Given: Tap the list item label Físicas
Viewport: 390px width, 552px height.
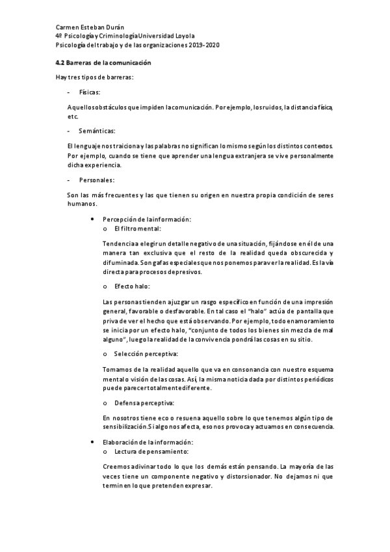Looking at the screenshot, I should click(x=89, y=93).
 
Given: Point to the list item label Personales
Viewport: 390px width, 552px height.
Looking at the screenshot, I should click(x=96, y=179).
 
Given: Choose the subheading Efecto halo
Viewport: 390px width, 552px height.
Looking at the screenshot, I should click(x=132, y=286).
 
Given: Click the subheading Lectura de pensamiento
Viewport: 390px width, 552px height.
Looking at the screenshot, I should click(x=151, y=451).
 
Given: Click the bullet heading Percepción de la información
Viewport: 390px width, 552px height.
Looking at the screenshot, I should click(x=147, y=220).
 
